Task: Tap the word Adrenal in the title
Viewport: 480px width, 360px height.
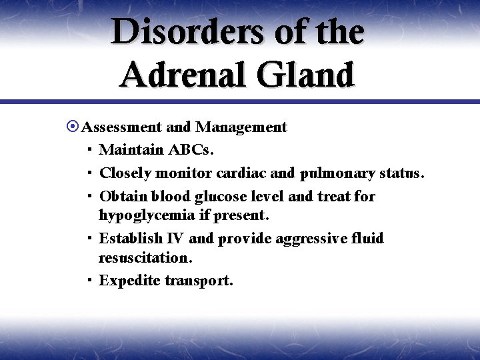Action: point(180,75)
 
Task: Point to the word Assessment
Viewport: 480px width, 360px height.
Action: point(123,127)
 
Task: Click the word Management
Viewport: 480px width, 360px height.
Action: point(241,127)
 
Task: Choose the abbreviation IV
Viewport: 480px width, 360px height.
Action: point(175,239)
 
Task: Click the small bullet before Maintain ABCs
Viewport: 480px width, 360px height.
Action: point(89,151)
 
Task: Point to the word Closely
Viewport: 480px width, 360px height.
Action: point(125,173)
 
